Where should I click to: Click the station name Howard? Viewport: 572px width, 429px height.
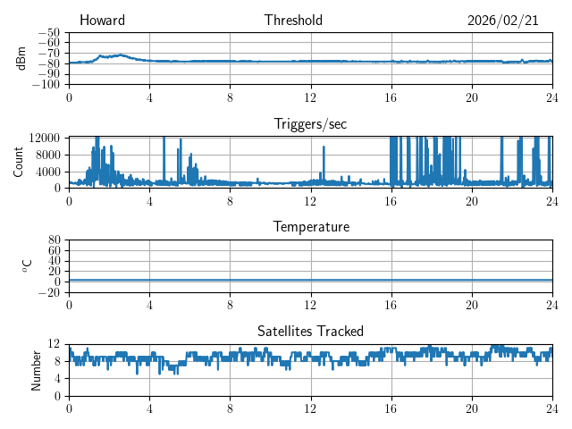pyautogui.click(x=102, y=21)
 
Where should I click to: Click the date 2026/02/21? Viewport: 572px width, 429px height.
pyautogui.click(x=502, y=21)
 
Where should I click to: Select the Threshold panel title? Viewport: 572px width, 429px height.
pyautogui.click(x=293, y=21)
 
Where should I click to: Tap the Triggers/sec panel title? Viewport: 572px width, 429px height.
pyautogui.click(x=310, y=124)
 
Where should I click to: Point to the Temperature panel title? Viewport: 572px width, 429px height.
pyautogui.click(x=310, y=227)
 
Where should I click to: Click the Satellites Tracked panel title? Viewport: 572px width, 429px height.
pyautogui.click(x=310, y=331)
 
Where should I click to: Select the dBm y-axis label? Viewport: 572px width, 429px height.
pyautogui.click(x=22, y=58)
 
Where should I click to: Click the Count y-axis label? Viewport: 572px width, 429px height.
pyautogui.click(x=19, y=162)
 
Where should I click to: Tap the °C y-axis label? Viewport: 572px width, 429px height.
pyautogui.click(x=27, y=265)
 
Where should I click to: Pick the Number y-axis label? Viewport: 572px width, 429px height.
pyautogui.click(x=37, y=369)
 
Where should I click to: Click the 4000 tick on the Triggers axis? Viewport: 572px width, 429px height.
pyautogui.click(x=49, y=172)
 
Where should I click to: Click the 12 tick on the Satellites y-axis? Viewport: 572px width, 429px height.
pyautogui.click(x=55, y=344)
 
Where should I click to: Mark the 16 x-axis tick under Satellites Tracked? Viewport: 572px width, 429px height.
pyautogui.click(x=391, y=408)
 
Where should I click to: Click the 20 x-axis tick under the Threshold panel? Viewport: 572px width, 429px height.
pyautogui.click(x=472, y=97)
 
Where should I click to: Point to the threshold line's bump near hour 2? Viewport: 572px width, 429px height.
pyautogui.click(x=116, y=55)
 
